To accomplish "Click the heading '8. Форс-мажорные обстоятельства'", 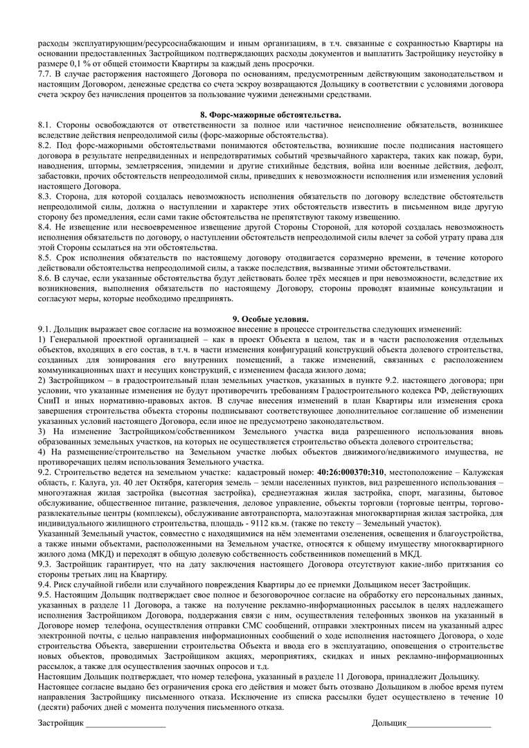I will click(264, 114).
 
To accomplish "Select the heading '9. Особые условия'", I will click(264, 319).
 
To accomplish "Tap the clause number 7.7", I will click(45, 73).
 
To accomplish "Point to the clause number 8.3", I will click(45, 197).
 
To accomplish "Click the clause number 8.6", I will click(45, 277).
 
